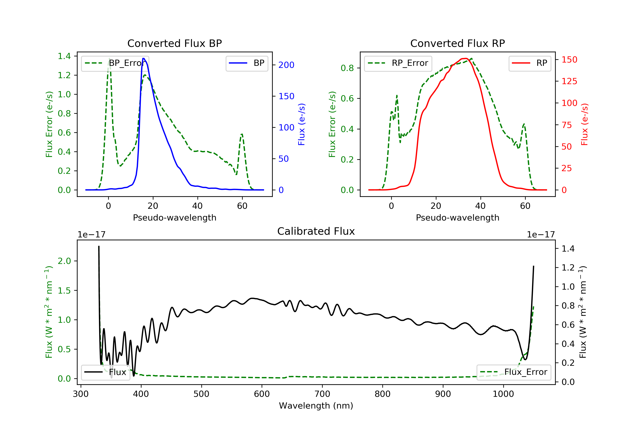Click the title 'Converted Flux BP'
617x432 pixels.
[x=174, y=43]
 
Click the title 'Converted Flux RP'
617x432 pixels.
[x=457, y=43]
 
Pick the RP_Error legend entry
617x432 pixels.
[x=398, y=63]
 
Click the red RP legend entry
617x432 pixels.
[x=530, y=63]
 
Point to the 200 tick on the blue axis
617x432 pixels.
[x=286, y=65]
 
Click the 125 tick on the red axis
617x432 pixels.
[x=569, y=81]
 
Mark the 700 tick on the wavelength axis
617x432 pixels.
[x=322, y=394]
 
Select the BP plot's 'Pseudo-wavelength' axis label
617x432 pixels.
[x=174, y=217]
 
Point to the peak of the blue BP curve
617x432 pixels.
[x=144, y=58]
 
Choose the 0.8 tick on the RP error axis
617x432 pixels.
[x=347, y=68]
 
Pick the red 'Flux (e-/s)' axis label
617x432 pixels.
[x=585, y=124]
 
